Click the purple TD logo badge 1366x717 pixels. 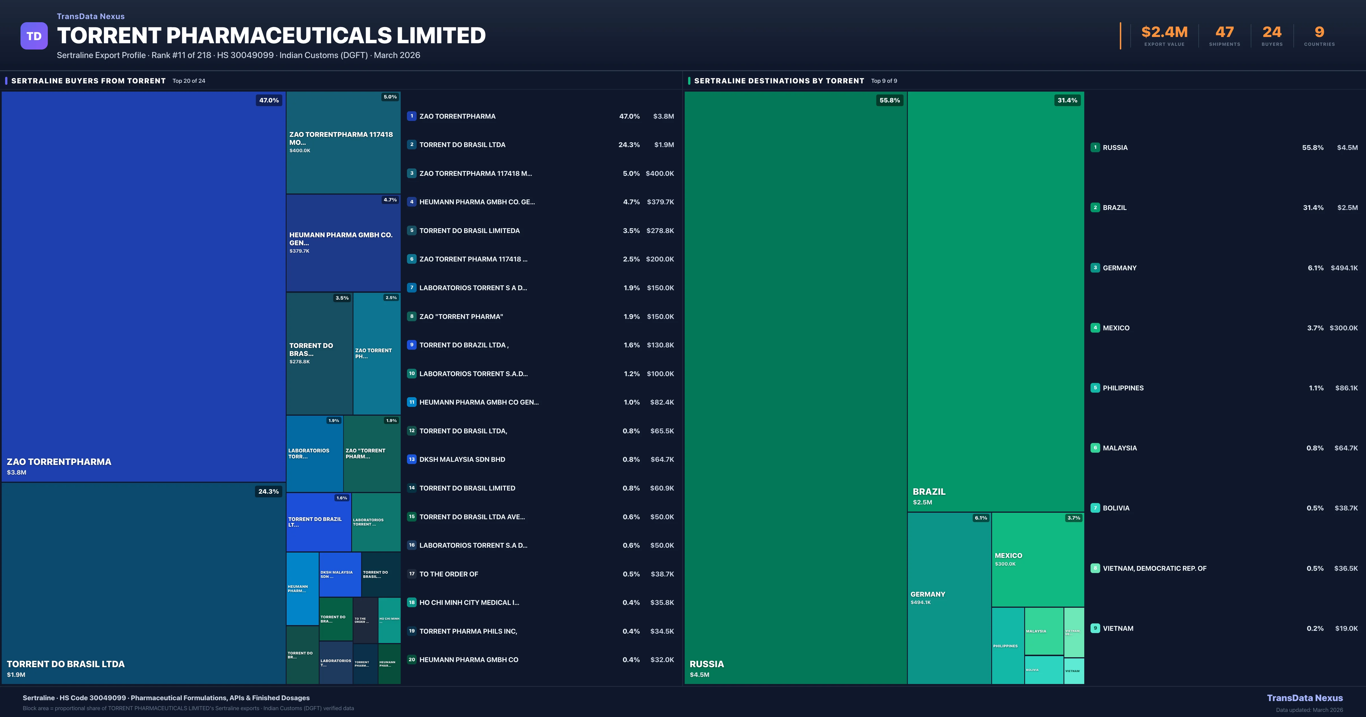(x=34, y=36)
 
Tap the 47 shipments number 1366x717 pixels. (x=1224, y=32)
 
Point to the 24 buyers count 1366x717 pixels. (x=1272, y=32)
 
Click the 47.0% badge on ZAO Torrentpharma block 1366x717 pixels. (x=269, y=100)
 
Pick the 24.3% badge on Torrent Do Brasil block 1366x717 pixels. (x=268, y=492)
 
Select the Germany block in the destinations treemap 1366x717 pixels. (x=949, y=598)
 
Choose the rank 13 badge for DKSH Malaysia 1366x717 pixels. (x=412, y=459)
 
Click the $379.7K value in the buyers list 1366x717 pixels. (x=660, y=202)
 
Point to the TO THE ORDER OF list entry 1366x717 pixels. (x=449, y=574)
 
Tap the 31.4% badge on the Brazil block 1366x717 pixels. (x=1067, y=100)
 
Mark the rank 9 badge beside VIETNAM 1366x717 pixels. (x=1095, y=629)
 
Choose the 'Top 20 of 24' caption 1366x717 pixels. (x=189, y=81)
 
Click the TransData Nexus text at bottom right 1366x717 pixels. (x=1305, y=698)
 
